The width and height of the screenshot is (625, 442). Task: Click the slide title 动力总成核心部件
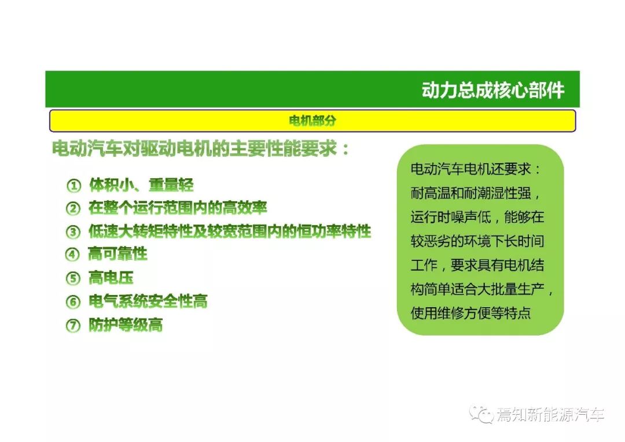[493, 90]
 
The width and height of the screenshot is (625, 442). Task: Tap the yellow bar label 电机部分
[312, 121]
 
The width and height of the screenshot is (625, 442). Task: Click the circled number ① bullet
[73, 185]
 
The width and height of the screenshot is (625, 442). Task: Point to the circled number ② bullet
[73, 208]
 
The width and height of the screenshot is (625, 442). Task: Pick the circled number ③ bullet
[73, 231]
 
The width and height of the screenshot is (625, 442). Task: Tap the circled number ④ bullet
[72, 255]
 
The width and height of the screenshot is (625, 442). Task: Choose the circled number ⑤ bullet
[73, 278]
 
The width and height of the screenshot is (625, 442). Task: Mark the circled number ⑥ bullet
[73, 302]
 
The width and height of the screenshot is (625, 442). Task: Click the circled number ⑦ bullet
[73, 325]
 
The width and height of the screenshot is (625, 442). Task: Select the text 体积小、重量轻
[142, 185]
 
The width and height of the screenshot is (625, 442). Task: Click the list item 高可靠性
[118, 254]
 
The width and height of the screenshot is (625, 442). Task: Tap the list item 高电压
[111, 278]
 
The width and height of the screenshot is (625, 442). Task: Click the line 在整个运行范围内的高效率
[178, 208]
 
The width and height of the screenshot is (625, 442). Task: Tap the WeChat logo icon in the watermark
[481, 414]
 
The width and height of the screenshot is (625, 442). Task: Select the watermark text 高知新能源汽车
[550, 415]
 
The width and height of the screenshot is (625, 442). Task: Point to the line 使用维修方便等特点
[470, 313]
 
